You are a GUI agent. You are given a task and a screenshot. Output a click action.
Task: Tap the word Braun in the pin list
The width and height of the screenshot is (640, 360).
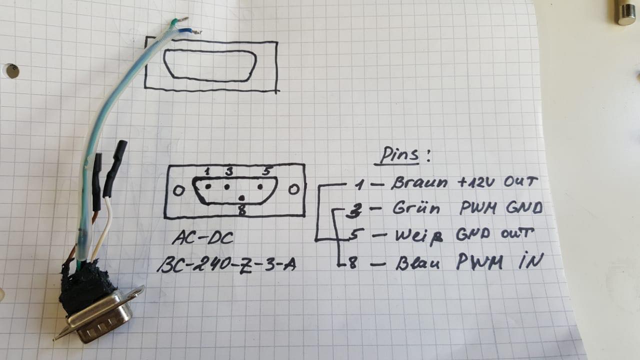[419, 182]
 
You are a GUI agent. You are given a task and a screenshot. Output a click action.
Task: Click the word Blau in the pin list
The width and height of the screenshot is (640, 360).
[417, 262]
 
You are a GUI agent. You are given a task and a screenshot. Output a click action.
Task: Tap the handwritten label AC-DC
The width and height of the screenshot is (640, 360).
[202, 238]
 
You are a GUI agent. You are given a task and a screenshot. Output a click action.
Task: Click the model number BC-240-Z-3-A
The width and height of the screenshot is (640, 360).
[226, 264]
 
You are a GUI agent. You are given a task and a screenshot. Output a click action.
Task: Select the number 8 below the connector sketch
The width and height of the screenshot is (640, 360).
[241, 211]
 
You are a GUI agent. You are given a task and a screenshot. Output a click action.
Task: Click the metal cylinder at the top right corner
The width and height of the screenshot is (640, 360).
[625, 12]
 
